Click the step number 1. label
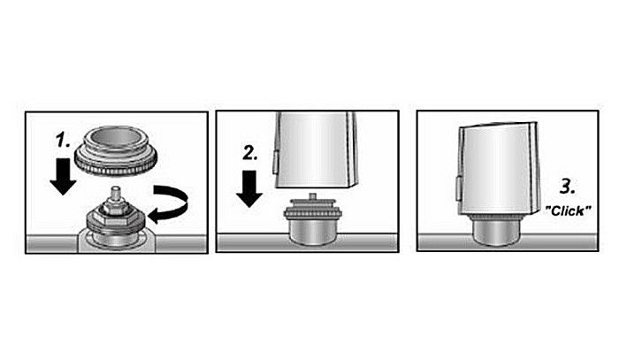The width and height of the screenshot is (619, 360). click(x=63, y=140)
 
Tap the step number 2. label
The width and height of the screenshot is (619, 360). click(x=250, y=153)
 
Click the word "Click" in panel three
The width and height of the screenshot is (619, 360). click(x=568, y=211)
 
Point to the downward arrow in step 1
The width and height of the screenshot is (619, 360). click(x=63, y=176)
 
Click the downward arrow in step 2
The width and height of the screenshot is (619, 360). click(x=249, y=188)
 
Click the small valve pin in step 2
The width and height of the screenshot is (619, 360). click(x=313, y=195)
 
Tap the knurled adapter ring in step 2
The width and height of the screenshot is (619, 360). click(x=312, y=210)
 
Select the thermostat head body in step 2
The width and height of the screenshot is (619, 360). click(x=316, y=149)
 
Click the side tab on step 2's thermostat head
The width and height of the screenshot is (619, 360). click(x=275, y=162)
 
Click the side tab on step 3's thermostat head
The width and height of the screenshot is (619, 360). click(x=458, y=188)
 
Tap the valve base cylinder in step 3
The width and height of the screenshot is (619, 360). click(x=497, y=233)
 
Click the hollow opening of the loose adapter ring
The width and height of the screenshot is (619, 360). click(x=117, y=137)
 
